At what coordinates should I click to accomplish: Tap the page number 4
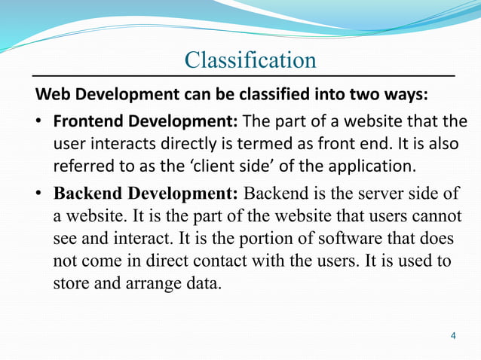[452, 334]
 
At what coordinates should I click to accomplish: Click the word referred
[81, 165]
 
